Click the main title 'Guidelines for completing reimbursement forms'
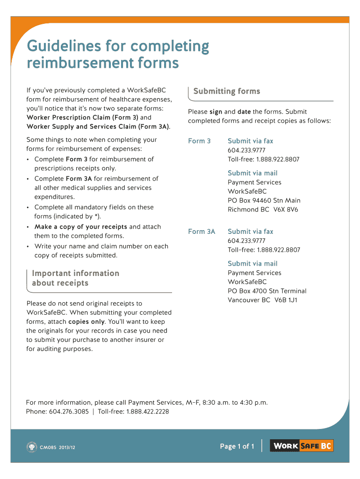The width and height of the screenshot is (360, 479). pyautogui.click(x=118, y=54)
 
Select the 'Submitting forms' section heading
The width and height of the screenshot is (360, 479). pyautogui.click(x=227, y=91)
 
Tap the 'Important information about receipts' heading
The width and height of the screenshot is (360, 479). pyautogui.click(x=75, y=278)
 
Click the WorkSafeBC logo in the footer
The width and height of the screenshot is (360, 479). pyautogui.click(x=303, y=446)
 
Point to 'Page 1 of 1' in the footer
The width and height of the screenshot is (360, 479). pyautogui.click(x=237, y=447)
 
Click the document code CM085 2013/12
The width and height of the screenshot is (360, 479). pyautogui.click(x=58, y=447)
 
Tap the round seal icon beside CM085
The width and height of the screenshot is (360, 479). pyautogui.click(x=31, y=447)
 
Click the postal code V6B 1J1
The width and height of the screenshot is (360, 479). pyautogui.click(x=286, y=300)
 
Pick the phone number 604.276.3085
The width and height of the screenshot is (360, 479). pyautogui.click(x=68, y=412)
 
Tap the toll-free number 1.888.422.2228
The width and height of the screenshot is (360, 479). pyautogui.click(x=147, y=412)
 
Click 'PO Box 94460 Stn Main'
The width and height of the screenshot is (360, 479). pyautogui.click(x=264, y=201)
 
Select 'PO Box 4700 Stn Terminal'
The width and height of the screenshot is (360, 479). pyautogui.click(x=267, y=291)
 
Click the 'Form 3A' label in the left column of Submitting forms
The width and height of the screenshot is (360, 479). pyautogui.click(x=202, y=232)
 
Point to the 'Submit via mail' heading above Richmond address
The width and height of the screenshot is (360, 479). pyautogui.click(x=252, y=173)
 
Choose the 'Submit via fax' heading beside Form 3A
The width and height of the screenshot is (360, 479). pyautogui.click(x=250, y=232)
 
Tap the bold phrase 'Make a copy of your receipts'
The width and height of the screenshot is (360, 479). pyautogui.click(x=81, y=227)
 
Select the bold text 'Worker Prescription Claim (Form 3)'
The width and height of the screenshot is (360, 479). pyautogui.click(x=82, y=117)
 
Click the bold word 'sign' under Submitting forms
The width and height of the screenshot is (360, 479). pyautogui.click(x=216, y=112)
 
